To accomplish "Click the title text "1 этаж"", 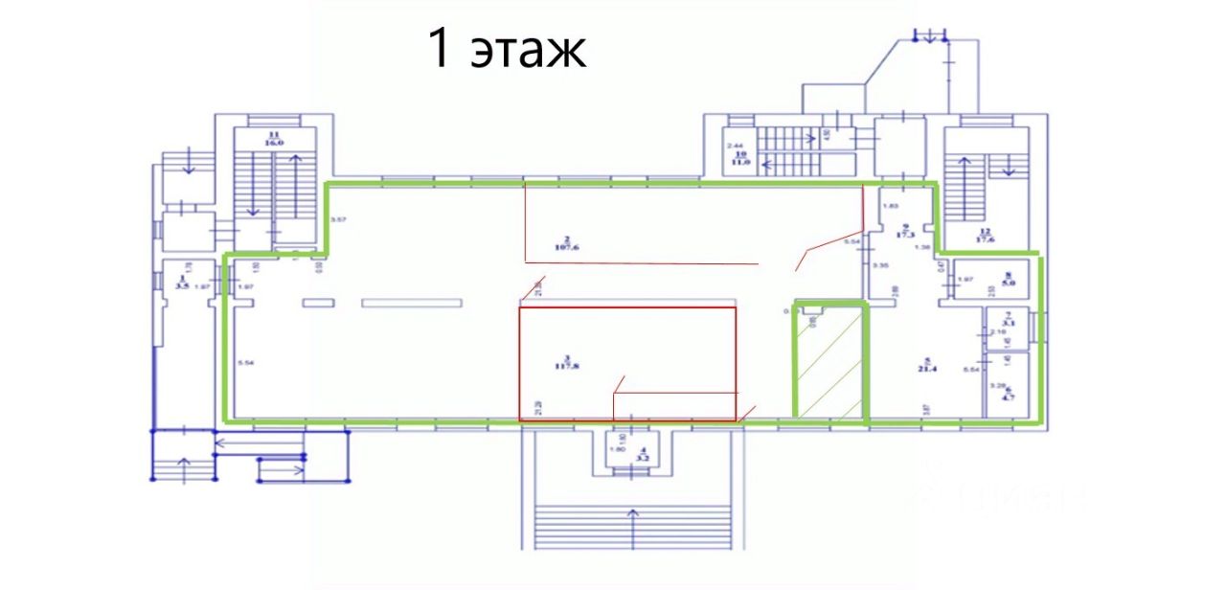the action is [507, 49].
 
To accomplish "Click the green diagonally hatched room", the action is [829, 362].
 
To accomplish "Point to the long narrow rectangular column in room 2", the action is [411, 303].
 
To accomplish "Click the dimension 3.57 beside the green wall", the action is [336, 220].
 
